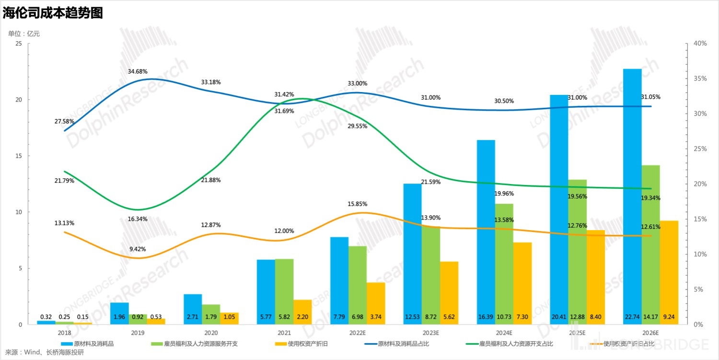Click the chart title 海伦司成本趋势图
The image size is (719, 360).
point(53,13)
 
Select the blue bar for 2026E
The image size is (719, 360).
point(632,192)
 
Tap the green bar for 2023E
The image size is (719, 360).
point(431,273)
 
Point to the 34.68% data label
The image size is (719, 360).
point(138,71)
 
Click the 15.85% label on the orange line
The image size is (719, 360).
point(358,204)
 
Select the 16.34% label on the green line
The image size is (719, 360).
point(138,219)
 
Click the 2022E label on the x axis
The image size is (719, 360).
point(358,333)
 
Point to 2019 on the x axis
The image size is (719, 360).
point(138,333)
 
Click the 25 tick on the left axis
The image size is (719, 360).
point(19,44)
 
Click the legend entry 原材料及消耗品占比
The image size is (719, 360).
point(401,344)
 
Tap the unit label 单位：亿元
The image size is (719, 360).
point(24,34)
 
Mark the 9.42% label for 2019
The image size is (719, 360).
point(138,249)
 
